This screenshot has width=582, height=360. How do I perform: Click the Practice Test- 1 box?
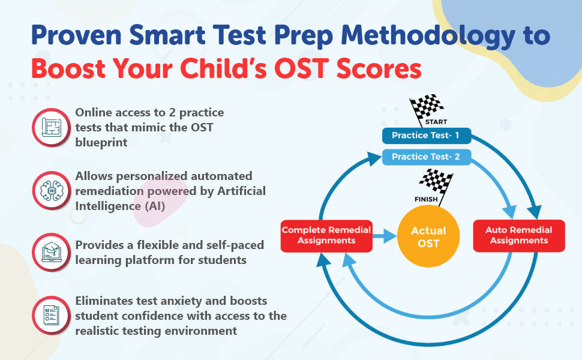coord(425,136)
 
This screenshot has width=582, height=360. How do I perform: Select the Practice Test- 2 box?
coord(425,157)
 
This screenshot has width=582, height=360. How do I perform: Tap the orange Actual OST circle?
coord(428,237)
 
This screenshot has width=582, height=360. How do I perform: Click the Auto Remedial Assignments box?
coord(519,235)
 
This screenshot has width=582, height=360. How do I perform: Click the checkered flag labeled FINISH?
coord(435,184)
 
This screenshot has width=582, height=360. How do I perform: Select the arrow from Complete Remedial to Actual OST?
coord(383,236)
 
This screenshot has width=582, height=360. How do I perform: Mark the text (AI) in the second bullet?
coord(143,206)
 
